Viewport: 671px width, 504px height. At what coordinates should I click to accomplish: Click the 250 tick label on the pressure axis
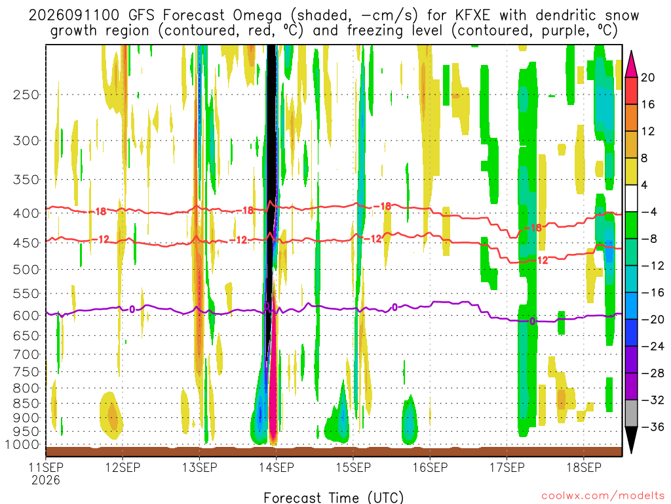(x=26, y=94)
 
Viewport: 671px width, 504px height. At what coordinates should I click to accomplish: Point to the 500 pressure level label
(x=26, y=270)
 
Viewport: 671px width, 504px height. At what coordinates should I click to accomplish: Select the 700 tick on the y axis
(x=26, y=354)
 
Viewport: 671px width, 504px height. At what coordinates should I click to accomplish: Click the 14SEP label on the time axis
(x=276, y=467)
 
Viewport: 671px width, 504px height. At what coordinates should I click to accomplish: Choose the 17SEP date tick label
(x=507, y=467)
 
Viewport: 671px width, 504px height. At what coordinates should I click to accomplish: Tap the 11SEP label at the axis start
(x=46, y=467)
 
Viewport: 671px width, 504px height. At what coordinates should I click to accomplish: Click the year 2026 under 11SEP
(x=46, y=480)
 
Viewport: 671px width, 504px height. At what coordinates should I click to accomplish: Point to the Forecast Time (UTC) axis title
(x=334, y=497)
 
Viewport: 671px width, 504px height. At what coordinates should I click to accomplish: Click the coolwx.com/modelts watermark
(x=603, y=496)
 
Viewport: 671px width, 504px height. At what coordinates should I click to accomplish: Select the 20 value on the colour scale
(x=647, y=77)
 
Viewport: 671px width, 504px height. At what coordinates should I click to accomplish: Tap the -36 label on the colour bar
(x=652, y=427)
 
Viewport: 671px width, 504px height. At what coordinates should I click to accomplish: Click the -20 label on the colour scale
(x=652, y=320)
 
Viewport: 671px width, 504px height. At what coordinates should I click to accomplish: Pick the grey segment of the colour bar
(x=631, y=413)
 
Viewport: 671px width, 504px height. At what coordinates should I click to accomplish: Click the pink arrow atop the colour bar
(x=631, y=64)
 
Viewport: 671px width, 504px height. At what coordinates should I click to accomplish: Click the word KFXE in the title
(x=472, y=16)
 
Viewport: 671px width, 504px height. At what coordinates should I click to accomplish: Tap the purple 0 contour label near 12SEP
(x=132, y=310)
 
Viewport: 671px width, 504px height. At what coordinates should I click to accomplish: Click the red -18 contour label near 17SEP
(x=533, y=228)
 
